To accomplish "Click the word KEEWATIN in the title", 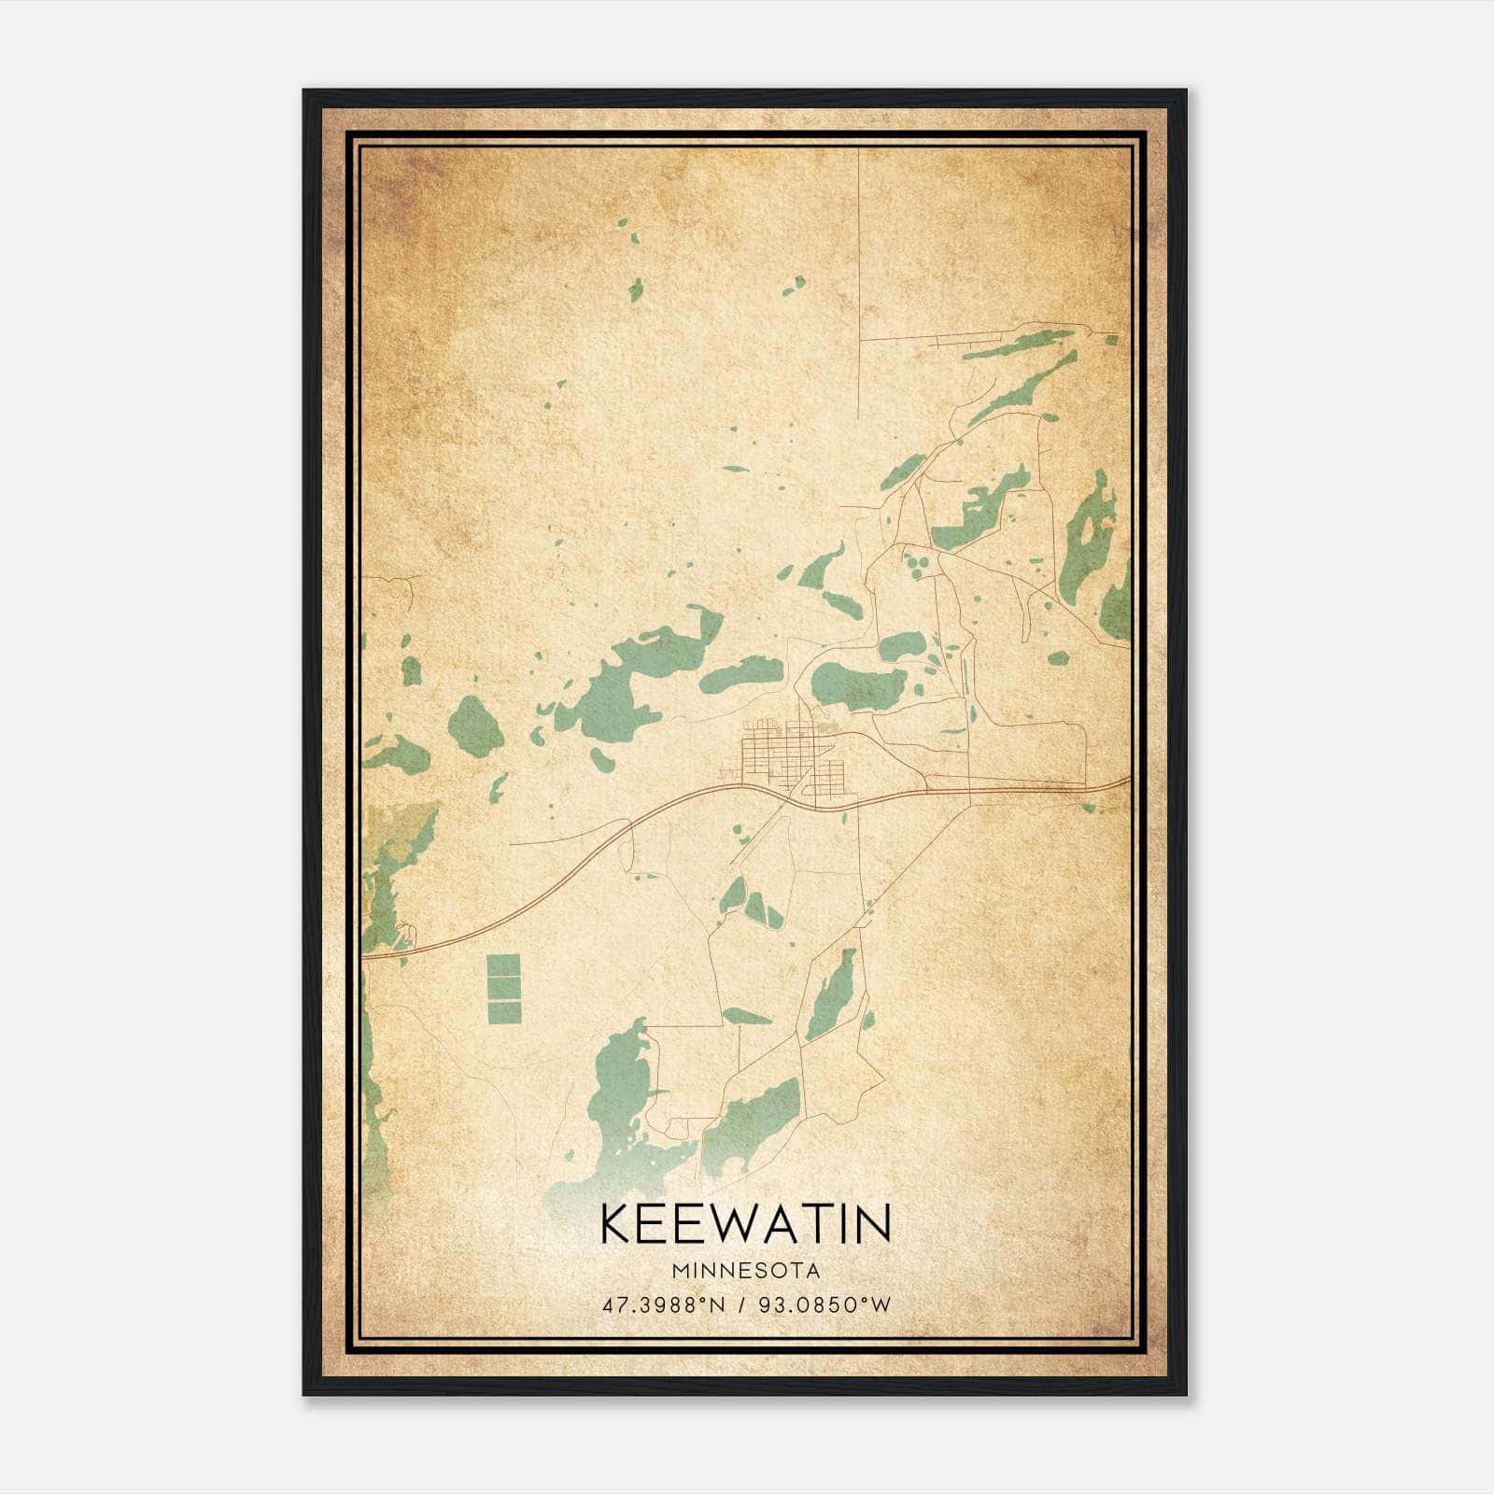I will pos(745,1223).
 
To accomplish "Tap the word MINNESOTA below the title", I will pos(745,1271).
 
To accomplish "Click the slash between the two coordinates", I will pos(740,1304).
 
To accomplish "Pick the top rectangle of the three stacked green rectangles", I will pos(504,965).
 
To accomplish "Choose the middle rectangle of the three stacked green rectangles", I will pos(504,989).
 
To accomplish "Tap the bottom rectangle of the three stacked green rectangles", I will pos(504,1012).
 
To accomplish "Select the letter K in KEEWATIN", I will pos(617,1223).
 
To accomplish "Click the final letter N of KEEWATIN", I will pos(873,1223).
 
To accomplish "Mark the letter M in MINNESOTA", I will pos(678,1271).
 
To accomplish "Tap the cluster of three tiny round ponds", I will pos(916,564).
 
